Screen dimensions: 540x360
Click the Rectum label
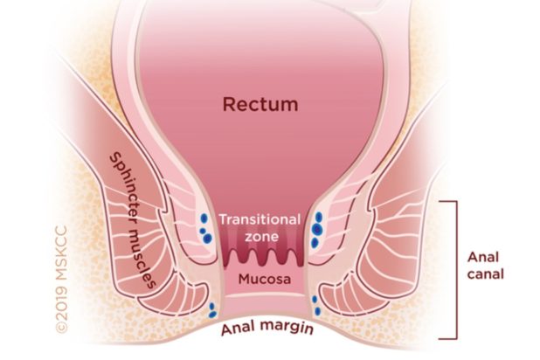pos(260,104)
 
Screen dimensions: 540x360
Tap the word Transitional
pos(260,219)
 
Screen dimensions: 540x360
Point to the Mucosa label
pos(265,279)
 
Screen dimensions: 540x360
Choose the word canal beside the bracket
pos(485,274)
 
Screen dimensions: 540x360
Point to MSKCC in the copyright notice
pos(61,253)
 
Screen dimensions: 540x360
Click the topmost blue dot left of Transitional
pos(204,218)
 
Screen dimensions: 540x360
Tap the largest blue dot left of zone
pos(207,238)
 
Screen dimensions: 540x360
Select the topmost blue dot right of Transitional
pos(319,217)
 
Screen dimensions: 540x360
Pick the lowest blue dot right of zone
pos(315,243)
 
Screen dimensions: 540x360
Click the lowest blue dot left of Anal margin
pos(213,315)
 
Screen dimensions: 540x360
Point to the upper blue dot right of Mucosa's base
pos(315,300)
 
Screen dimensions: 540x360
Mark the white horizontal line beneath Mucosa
pos(264,295)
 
